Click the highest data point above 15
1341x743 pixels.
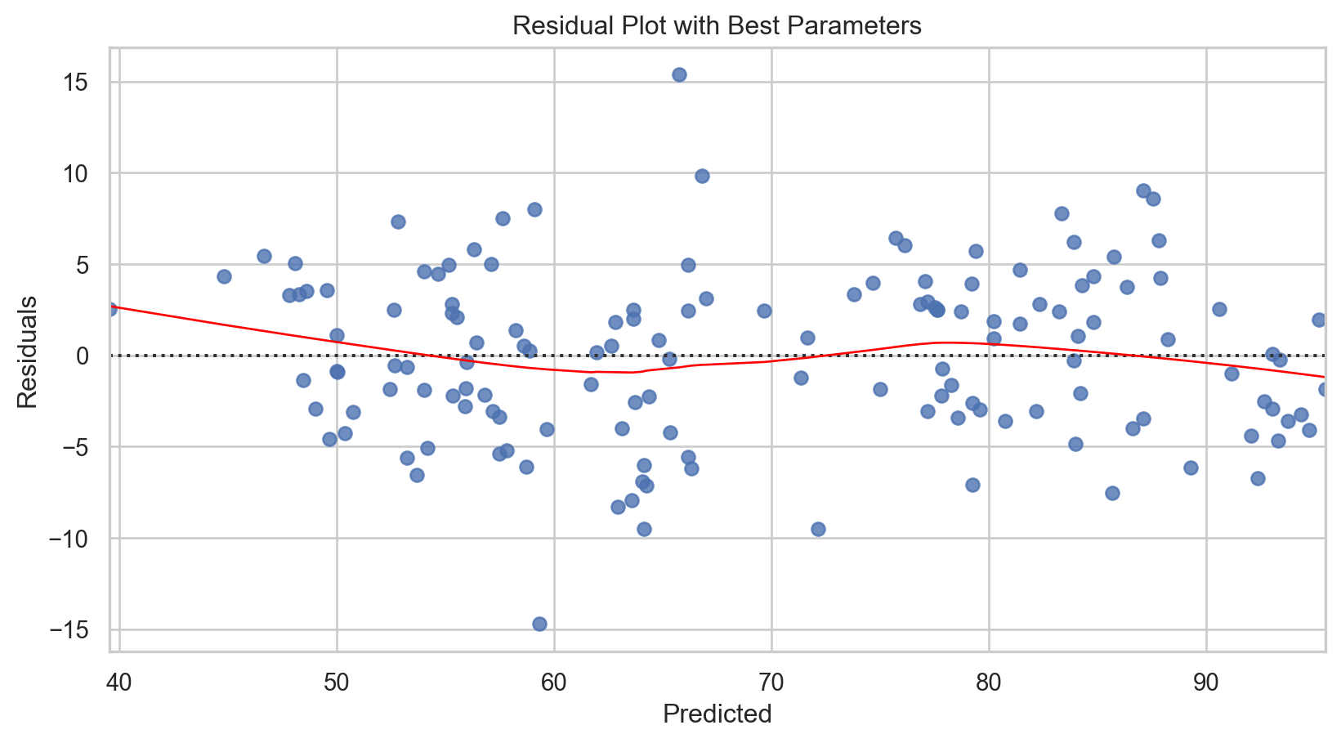(x=679, y=74)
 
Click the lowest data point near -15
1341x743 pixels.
(x=539, y=624)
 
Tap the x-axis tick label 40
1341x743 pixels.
(x=119, y=680)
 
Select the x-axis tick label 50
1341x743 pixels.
(x=337, y=680)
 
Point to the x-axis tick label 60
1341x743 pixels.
(x=554, y=680)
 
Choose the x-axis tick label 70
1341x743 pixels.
(x=771, y=680)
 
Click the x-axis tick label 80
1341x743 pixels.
(x=989, y=680)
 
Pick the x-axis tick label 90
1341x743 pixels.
(x=1206, y=680)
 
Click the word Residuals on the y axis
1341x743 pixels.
(x=28, y=352)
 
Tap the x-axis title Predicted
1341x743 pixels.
(x=717, y=714)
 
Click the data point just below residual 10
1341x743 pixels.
(x=702, y=176)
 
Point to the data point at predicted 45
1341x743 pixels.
(x=224, y=276)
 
